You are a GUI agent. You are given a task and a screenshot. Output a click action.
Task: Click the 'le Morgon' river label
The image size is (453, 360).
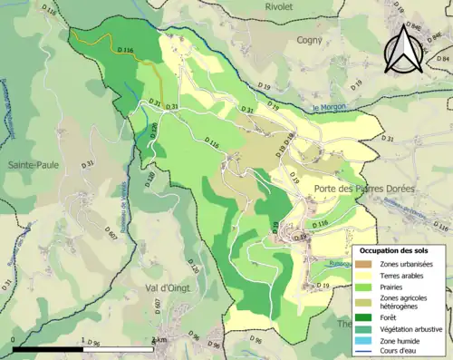(330, 109)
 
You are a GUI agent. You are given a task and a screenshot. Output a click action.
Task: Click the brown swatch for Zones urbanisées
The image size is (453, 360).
(365, 264)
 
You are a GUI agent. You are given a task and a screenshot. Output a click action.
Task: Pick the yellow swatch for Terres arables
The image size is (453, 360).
(365, 277)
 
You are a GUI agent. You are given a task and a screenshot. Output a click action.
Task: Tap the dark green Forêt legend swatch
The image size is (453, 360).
(365, 318)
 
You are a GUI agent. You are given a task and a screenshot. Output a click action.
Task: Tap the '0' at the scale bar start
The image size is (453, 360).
(14, 340)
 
